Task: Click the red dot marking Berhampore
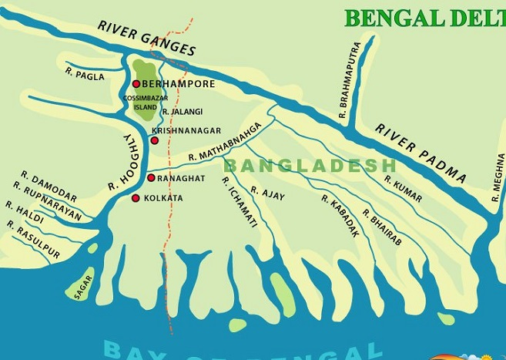(x=136, y=84)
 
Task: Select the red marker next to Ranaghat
(x=151, y=178)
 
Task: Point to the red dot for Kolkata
(x=136, y=198)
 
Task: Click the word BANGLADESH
(x=310, y=166)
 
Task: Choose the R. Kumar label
(x=402, y=188)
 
